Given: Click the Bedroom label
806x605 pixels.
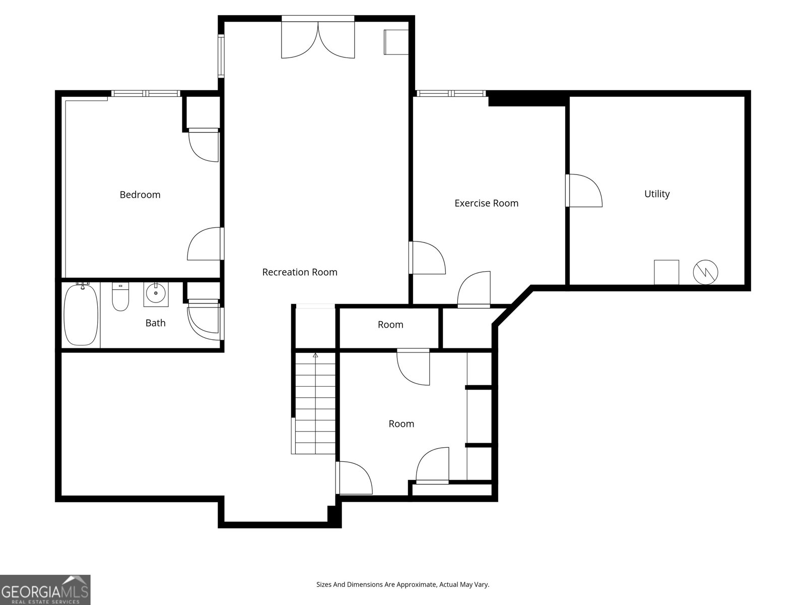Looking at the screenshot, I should tap(140, 195).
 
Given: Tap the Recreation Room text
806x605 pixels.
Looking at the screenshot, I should tap(300, 272).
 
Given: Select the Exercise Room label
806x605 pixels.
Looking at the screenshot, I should tap(486, 203).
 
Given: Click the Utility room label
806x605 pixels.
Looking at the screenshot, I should tap(657, 194).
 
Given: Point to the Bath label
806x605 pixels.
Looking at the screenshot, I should tap(155, 323).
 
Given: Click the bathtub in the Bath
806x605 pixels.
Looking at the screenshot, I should tap(81, 315).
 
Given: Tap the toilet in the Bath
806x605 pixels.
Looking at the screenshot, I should tap(120, 298).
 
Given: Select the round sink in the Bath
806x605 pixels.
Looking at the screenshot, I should tap(156, 293).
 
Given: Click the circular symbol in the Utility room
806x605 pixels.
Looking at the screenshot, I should tap(705, 272).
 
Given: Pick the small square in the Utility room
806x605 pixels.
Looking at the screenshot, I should tap(666, 272).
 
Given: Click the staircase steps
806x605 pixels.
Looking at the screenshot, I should tap(315, 403).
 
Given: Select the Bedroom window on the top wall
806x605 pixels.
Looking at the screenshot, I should tap(146, 93).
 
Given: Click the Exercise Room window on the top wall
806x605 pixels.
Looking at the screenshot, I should tap(451, 93).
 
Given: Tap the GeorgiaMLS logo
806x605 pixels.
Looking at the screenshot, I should tap(45, 590).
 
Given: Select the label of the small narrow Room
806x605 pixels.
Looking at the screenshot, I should tap(390, 325).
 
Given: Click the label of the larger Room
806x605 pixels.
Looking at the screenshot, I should tap(401, 424).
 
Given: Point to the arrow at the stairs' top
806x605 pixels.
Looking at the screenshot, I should tap(315, 355).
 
